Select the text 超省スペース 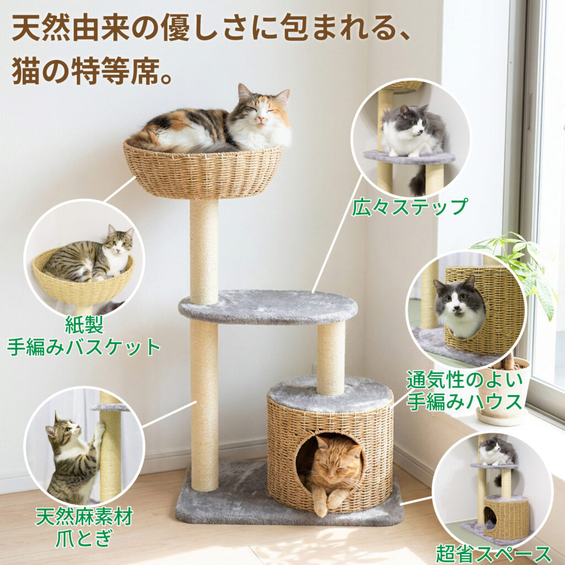tap(493, 554)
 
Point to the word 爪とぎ tap(84, 538)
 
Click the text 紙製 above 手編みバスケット tap(84, 324)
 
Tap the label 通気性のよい tap(465, 380)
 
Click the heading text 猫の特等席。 tap(92, 71)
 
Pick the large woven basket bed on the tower tap(202, 171)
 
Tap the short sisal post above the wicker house tap(331, 358)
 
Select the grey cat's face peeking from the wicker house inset tap(459, 301)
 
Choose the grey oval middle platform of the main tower tap(268, 307)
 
